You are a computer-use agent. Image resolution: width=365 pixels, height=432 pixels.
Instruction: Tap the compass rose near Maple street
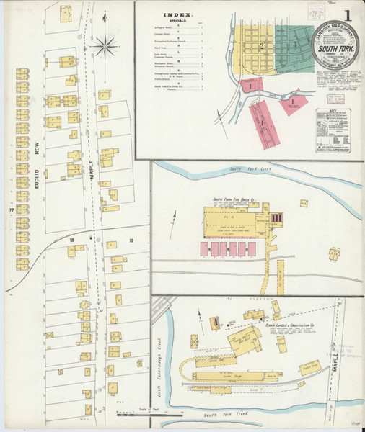[x=105, y=47]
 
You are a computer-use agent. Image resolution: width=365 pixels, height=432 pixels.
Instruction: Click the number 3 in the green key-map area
[x=296, y=44]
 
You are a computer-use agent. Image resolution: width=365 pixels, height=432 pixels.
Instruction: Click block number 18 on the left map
[x=71, y=240]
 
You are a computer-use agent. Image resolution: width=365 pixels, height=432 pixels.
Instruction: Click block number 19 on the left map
[x=131, y=240]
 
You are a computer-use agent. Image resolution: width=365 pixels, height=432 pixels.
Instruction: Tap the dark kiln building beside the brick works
[x=276, y=217]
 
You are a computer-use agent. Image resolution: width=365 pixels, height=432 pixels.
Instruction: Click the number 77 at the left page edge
[x=11, y=210]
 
